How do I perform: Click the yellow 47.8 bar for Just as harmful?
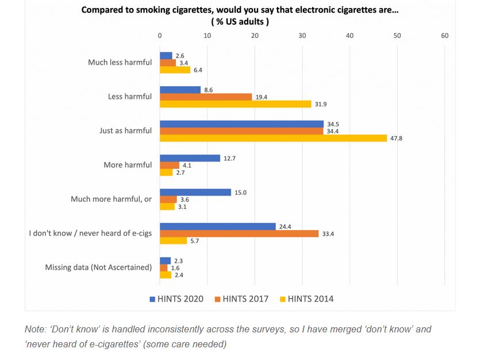[273, 138]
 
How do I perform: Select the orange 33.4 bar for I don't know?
[239, 233]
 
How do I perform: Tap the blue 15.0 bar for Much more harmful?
[195, 193]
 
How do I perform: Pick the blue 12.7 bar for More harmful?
[190, 158]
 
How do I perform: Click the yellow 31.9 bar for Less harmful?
[235, 104]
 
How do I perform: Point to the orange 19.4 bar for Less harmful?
[206, 97]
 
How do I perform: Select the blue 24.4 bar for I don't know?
[217, 227]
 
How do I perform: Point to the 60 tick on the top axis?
[444, 36]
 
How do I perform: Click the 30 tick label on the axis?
[302, 36]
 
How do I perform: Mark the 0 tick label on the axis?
[160, 36]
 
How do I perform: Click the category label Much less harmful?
[120, 62]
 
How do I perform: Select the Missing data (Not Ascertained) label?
[98, 267]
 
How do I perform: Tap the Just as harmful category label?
[125, 131]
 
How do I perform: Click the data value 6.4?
[198, 70]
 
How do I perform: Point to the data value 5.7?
[194, 241]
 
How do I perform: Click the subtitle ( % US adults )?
[240, 21]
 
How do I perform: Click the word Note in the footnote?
[35, 330]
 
